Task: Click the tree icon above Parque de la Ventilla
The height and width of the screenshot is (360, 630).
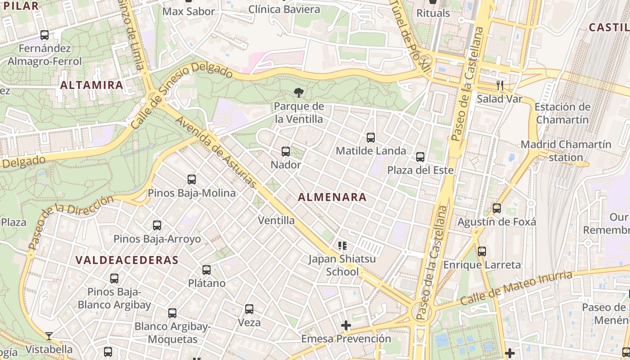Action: click(298, 93)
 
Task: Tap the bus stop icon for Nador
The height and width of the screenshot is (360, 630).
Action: click(286, 152)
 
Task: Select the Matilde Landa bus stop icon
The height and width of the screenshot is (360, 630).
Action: click(371, 138)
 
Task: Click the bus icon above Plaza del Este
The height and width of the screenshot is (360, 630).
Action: click(420, 157)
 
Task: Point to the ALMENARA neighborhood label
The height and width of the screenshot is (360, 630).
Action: click(332, 197)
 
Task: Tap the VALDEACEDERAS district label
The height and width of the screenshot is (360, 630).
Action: click(127, 260)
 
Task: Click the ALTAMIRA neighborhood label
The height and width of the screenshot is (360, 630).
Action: click(91, 85)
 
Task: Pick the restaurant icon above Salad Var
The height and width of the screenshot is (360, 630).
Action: click(499, 85)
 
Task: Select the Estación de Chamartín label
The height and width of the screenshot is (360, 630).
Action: click(562, 113)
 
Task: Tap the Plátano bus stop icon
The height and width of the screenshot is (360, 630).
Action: click(207, 270)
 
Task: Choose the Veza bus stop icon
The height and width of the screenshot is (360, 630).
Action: click(249, 309)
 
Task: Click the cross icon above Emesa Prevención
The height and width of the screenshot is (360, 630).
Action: click(346, 325)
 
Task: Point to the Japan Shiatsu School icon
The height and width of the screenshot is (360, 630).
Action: click(342, 246)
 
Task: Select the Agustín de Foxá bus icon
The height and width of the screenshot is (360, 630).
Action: click(497, 208)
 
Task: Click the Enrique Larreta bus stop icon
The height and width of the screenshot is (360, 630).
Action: click(482, 252)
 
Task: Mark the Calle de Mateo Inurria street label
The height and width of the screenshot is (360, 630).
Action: click(516, 288)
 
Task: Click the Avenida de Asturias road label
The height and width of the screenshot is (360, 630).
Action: click(216, 153)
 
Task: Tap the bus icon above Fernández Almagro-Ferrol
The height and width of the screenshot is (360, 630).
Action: click(45, 35)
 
